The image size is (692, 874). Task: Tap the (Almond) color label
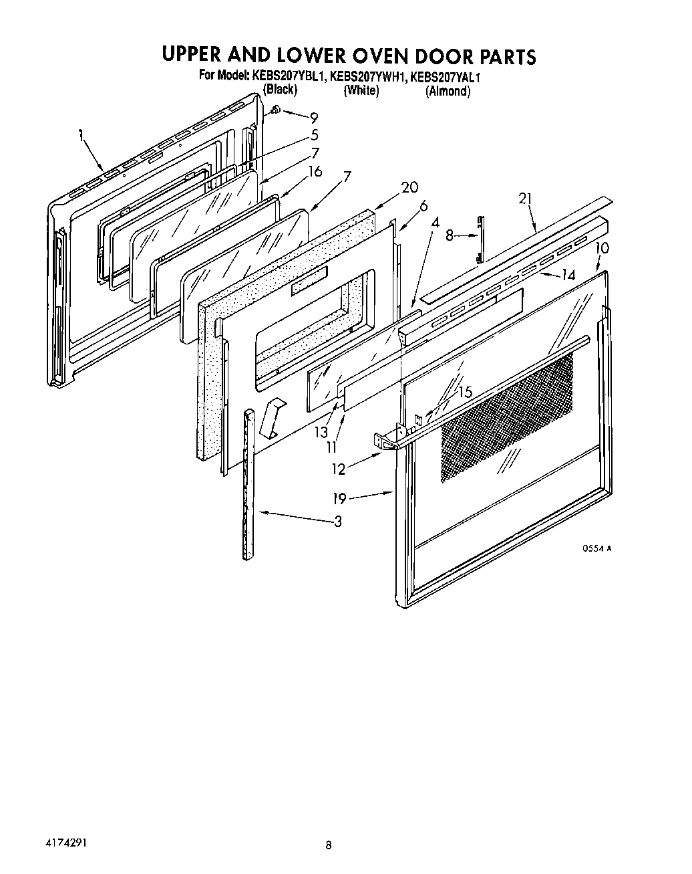[x=448, y=92]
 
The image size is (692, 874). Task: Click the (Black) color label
[x=280, y=90]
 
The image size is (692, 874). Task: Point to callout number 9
[x=313, y=118]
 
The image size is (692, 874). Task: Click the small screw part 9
[x=275, y=110]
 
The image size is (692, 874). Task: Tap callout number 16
[x=314, y=172]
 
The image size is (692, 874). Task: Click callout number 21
[x=526, y=198]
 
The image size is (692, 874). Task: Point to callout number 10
[x=602, y=248]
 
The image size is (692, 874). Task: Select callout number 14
[x=568, y=274]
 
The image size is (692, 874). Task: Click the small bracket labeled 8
[x=480, y=239]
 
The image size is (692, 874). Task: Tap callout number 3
[x=337, y=522]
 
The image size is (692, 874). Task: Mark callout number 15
[x=464, y=393]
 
